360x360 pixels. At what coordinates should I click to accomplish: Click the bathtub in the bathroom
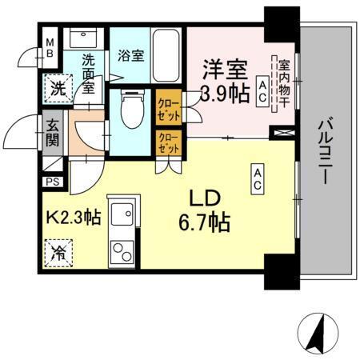point(166,54)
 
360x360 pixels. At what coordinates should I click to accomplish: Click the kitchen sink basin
point(122,214)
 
